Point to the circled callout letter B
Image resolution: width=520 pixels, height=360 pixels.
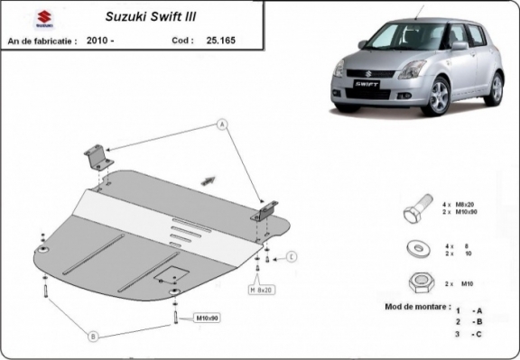pyautogui.click(x=92, y=337)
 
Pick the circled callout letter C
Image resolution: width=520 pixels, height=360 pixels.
pyautogui.click(x=292, y=258)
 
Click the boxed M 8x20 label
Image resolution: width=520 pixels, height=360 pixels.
pyautogui.click(x=262, y=290)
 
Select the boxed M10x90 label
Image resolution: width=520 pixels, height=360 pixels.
pyautogui.click(x=208, y=318)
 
